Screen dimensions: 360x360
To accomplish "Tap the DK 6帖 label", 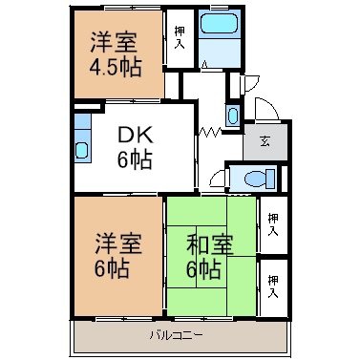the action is point(135,148).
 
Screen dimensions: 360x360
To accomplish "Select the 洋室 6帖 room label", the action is point(117,256).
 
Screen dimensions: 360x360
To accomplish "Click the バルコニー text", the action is point(176,335).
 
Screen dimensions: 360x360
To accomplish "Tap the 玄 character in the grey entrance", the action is point(265,141).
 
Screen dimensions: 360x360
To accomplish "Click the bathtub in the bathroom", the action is point(220,23).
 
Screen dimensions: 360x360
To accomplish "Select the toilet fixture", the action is point(260,179).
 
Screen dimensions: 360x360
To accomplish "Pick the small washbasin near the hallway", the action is point(233,115).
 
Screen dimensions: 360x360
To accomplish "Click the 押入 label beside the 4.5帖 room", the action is point(180,37).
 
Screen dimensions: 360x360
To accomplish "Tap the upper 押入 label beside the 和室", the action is point(273,224).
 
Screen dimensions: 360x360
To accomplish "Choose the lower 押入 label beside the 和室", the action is point(273,286).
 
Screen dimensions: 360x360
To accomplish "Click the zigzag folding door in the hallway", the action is point(210,131).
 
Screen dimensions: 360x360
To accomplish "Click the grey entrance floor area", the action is point(265,141).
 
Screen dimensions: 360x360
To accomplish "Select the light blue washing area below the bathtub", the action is point(220,53).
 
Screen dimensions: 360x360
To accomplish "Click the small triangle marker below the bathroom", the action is point(205,64).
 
